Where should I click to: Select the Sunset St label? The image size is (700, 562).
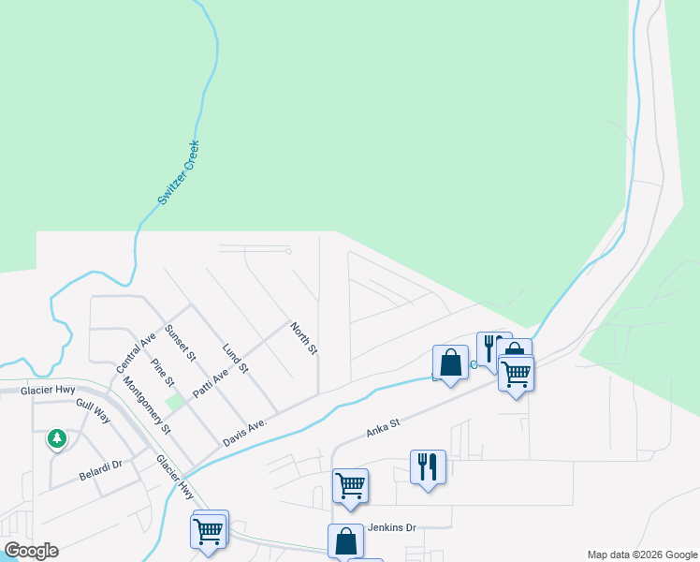(x=180, y=343)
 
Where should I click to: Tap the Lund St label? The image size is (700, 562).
(x=235, y=358)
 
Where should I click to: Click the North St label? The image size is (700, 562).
(x=304, y=338)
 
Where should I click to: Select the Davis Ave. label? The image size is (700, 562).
(x=245, y=432)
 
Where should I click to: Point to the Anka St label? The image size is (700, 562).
(x=383, y=429)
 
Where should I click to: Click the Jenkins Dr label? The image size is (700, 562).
(x=391, y=527)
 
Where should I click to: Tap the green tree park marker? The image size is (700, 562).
(x=57, y=437)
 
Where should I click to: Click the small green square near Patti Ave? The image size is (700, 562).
(x=174, y=401)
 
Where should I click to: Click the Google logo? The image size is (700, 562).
(x=31, y=551)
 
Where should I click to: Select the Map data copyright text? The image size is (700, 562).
(x=641, y=555)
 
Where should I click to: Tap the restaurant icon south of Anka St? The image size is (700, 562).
(x=428, y=466)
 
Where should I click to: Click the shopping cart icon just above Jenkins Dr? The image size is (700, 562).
(x=350, y=485)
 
